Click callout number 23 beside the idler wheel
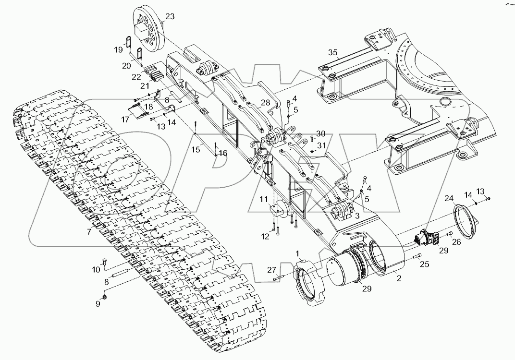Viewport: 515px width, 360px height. (170, 17)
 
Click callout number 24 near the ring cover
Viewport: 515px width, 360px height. (449, 198)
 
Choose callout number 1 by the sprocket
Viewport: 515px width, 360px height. (298, 253)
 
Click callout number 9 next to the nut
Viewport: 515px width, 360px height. (98, 303)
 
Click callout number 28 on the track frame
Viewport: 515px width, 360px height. (266, 103)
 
